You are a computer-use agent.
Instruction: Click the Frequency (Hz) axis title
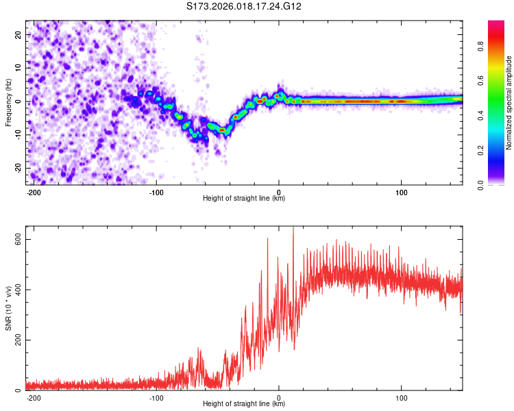(x=8, y=102)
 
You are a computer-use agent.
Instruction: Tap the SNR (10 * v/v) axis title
(x=8, y=308)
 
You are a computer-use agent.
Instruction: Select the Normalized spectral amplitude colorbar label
(x=509, y=102)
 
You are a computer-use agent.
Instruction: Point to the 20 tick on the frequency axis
(x=19, y=34)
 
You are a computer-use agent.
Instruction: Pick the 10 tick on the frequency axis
(x=19, y=68)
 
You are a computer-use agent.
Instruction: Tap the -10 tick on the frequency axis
(x=17, y=135)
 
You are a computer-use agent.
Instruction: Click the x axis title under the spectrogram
(x=244, y=199)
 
